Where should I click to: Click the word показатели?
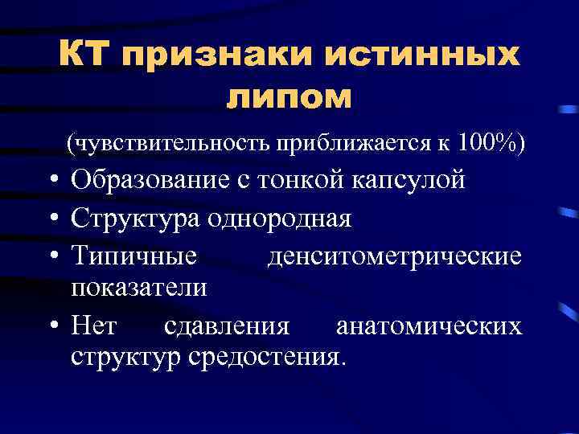(138, 288)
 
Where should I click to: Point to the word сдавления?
(227, 325)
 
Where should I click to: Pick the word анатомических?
(429, 325)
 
